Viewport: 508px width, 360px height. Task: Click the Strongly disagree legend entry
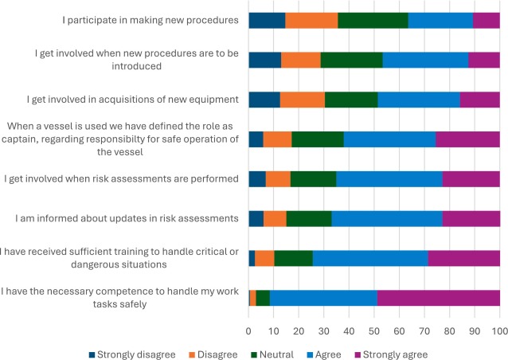pyautogui.click(x=127, y=354)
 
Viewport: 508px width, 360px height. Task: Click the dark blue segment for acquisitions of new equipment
pyautogui.click(x=264, y=99)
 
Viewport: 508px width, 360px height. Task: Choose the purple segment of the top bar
pyautogui.click(x=487, y=20)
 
